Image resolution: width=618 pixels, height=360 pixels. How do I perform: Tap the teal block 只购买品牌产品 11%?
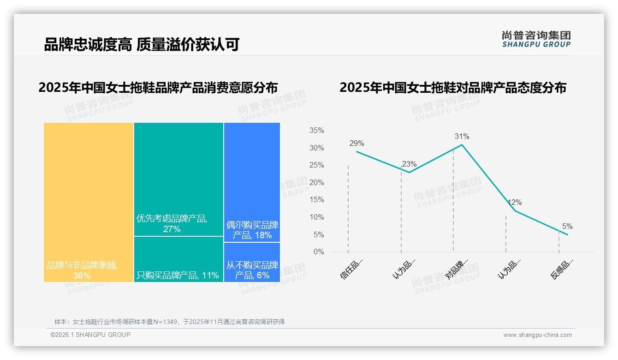(178, 259)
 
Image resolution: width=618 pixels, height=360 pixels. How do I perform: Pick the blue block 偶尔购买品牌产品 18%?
(252, 182)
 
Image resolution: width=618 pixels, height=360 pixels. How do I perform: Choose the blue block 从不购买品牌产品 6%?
(252, 262)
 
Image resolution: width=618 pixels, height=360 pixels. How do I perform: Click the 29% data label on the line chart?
(357, 144)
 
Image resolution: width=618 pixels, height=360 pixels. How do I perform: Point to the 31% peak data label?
(462, 137)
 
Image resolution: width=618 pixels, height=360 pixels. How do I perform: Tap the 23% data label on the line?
(409, 164)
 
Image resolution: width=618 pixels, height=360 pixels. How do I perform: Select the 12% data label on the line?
(515, 203)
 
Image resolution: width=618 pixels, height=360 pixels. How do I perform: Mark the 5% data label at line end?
(567, 227)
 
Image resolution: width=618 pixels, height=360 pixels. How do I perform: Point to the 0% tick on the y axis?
(318, 252)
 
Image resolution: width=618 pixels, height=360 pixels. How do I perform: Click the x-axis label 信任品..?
(351, 269)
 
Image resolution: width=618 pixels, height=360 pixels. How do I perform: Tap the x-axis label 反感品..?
(562, 269)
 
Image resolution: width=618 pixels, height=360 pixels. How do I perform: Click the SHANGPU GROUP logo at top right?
(536, 39)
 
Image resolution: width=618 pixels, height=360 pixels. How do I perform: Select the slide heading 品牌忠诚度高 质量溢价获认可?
(142, 45)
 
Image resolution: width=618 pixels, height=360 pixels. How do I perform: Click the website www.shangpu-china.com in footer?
(537, 335)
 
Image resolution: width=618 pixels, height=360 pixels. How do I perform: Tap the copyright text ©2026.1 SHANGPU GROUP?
(90, 335)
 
